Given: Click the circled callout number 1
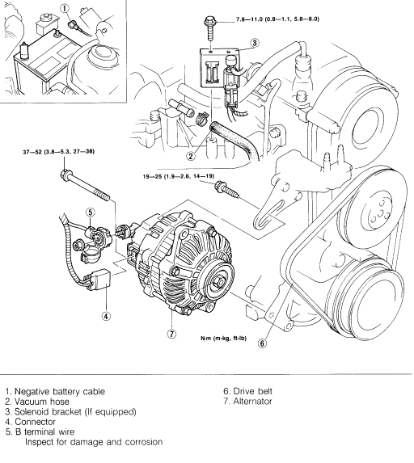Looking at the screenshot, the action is click(x=65, y=9).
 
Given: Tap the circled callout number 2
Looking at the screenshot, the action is click(x=191, y=156).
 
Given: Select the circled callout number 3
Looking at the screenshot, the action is click(x=255, y=43).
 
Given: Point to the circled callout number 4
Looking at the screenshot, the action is click(x=106, y=316).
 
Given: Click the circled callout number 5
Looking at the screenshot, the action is click(x=90, y=212).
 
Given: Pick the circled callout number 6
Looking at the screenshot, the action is click(x=262, y=343).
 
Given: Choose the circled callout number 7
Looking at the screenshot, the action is click(x=171, y=334).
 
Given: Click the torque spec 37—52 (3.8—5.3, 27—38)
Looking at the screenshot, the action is click(x=59, y=152).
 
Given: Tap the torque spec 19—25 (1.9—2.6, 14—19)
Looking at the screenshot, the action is click(x=179, y=176).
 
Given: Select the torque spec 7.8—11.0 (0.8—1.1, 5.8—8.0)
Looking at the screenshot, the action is click(x=277, y=19).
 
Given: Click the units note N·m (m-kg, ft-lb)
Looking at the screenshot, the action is click(x=224, y=338).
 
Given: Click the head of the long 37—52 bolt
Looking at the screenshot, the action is click(x=65, y=174).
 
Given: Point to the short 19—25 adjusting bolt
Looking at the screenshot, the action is click(x=226, y=189).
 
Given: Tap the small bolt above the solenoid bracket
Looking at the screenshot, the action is click(x=209, y=29).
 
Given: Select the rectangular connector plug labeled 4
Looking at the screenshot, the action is click(x=100, y=279).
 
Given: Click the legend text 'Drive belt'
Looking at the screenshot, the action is click(x=252, y=391).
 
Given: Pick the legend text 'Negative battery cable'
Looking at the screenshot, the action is click(x=60, y=392).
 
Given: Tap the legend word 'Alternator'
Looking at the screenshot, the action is click(x=252, y=402).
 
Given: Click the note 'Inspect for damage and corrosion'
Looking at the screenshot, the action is click(x=94, y=442).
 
